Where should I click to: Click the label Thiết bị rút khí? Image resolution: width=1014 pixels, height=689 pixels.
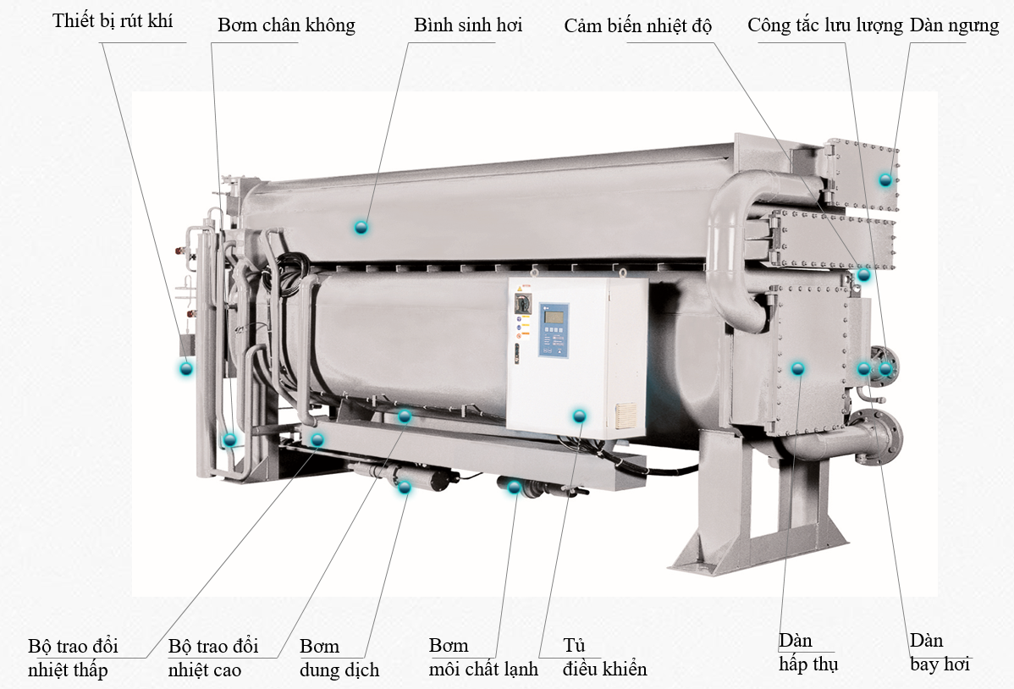click(x=113, y=20)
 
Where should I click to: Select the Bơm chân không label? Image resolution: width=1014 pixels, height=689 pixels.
click(x=286, y=25)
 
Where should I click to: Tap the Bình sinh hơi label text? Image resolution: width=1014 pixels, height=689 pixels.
click(x=468, y=25)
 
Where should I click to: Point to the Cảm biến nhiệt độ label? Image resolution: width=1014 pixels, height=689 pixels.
click(x=637, y=26)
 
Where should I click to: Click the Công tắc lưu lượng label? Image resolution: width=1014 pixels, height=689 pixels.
click(x=825, y=26)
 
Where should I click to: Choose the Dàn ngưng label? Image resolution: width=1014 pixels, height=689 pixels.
click(x=955, y=26)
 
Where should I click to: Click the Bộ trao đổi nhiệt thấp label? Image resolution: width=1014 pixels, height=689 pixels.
click(x=73, y=658)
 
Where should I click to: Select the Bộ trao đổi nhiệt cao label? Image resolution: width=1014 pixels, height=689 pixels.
click(x=213, y=658)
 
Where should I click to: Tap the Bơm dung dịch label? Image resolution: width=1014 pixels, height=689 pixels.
click(x=339, y=658)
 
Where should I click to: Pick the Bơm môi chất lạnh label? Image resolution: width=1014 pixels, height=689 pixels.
click(x=483, y=658)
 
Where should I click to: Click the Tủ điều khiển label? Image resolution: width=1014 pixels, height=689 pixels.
click(x=604, y=658)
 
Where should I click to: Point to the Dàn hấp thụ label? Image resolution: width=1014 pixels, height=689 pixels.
click(x=808, y=652)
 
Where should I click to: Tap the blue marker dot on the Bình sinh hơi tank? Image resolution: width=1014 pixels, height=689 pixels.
click(x=361, y=227)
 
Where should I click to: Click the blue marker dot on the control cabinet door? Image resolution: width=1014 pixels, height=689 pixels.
click(x=580, y=416)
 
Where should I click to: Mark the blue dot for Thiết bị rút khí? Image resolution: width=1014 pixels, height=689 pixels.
click(x=186, y=369)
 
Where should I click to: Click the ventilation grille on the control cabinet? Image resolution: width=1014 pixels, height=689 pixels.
click(x=625, y=416)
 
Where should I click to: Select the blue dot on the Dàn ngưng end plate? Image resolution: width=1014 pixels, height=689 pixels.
click(x=885, y=179)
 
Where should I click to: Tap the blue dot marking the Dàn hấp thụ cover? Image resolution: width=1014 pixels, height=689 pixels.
click(x=798, y=369)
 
